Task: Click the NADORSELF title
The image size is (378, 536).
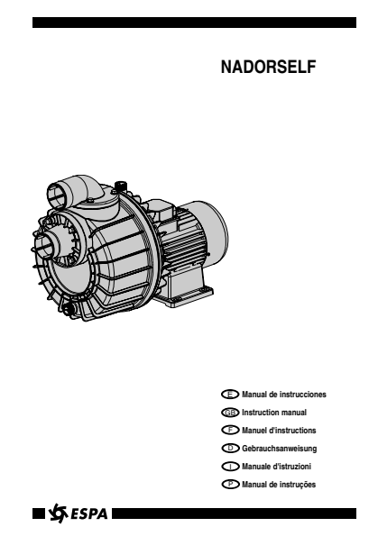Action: coord(268,67)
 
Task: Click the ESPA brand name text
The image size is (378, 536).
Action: coord(89,514)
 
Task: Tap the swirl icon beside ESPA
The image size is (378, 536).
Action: coord(58,513)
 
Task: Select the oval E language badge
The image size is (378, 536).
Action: coord(230,395)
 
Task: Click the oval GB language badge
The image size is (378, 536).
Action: coord(230,413)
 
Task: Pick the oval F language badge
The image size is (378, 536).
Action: coord(230,430)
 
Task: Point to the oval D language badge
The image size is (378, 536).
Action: coord(230,448)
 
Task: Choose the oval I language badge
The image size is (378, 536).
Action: coord(230,467)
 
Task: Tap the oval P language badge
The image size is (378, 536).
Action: coord(230,485)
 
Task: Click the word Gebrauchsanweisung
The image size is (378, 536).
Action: coord(279,449)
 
